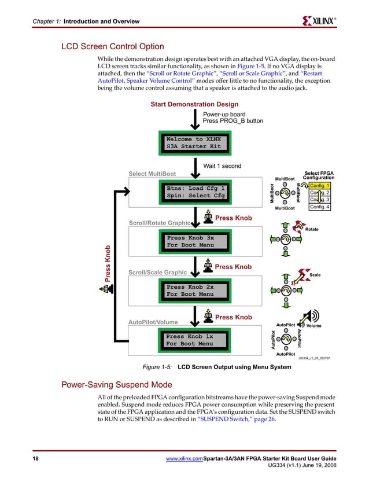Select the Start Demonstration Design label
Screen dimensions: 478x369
point(194,104)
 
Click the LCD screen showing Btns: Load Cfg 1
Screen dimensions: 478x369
point(195,192)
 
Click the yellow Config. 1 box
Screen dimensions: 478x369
point(319,185)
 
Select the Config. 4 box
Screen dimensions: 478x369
point(319,207)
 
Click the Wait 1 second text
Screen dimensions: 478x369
point(222,166)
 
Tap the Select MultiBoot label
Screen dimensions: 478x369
point(152,174)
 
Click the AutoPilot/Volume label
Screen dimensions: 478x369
point(153,322)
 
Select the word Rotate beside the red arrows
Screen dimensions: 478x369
point(311,229)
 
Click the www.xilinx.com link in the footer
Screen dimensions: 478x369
point(184,459)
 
